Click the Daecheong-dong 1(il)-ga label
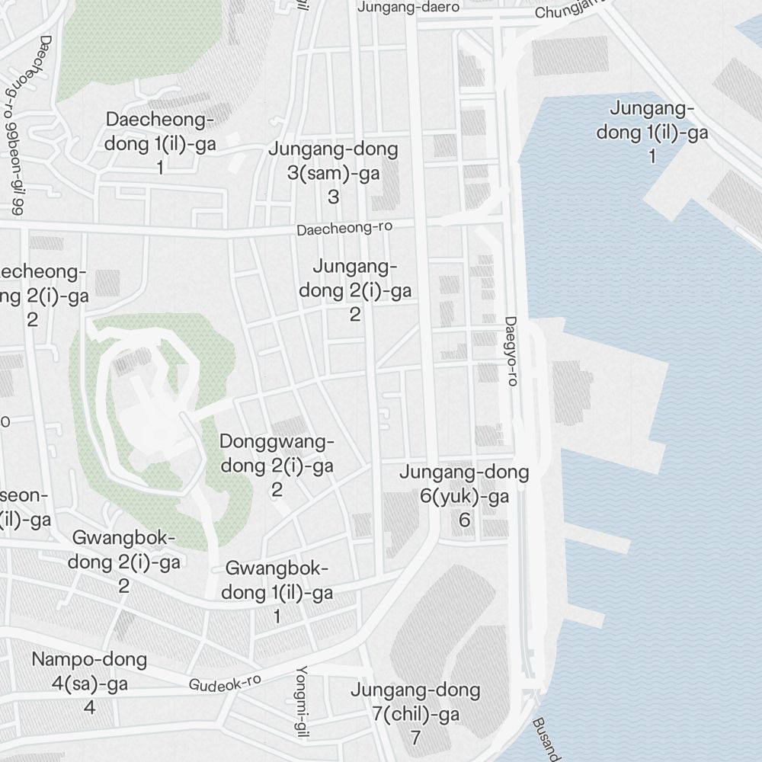(160, 132)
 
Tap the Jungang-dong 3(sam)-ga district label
(333, 161)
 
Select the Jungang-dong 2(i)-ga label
(355, 279)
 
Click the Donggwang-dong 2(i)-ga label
(277, 454)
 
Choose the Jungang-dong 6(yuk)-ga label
(464, 485)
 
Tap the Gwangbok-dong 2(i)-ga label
(124, 551)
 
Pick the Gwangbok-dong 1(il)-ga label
(277, 581)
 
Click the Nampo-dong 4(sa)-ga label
(89, 671)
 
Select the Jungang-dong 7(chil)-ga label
(415, 703)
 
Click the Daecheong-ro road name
(339, 229)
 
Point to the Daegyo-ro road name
(511, 351)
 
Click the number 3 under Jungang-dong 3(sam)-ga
(333, 197)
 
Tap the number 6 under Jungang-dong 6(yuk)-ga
(464, 520)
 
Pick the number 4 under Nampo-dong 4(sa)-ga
(89, 707)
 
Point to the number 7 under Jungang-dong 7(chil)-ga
(415, 738)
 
